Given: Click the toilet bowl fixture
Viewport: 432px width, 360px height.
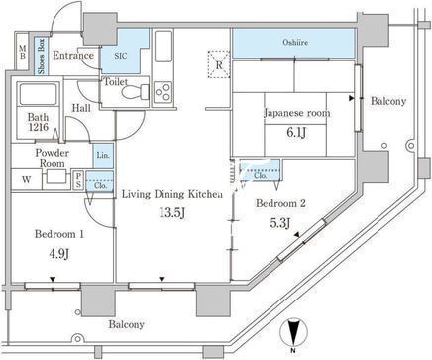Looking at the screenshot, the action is [x=136, y=91].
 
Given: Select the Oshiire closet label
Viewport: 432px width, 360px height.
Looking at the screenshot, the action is [x=295, y=43].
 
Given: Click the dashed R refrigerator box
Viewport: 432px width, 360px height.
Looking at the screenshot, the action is [x=219, y=64].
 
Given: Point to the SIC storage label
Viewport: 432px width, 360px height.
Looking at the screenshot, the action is [x=121, y=56].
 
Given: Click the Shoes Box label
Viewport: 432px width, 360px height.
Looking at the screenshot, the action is [x=42, y=56].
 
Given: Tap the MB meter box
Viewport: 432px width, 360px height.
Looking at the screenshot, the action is [x=23, y=52].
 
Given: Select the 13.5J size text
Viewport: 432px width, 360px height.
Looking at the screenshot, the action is [x=171, y=213].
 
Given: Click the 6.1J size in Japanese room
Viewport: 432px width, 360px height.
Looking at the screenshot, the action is [x=296, y=133].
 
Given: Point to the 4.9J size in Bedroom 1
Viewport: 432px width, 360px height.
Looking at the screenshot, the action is [x=59, y=254].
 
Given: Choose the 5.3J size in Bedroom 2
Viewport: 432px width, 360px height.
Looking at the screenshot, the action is [x=280, y=223].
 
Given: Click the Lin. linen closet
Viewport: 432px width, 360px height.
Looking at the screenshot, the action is [x=103, y=155].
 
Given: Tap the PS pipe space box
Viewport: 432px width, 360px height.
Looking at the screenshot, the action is [x=78, y=180].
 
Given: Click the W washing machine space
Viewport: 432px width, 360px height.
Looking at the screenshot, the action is [x=27, y=180].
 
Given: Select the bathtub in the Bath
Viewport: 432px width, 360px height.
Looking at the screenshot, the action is [x=39, y=94].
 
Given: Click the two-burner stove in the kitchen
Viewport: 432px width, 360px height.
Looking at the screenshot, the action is [x=162, y=92].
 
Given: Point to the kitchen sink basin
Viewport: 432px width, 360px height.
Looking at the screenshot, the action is [x=163, y=47].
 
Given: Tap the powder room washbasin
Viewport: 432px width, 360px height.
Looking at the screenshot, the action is [x=56, y=176].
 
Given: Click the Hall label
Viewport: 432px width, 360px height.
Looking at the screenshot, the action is [x=81, y=108].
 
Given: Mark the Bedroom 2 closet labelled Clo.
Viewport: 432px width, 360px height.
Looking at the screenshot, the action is [x=261, y=171].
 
